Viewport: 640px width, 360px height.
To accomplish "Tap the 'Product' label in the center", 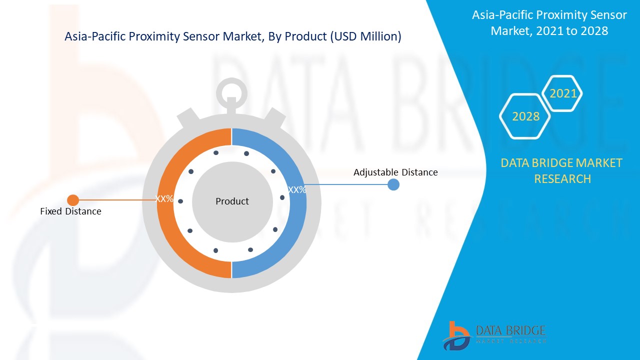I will (232, 201).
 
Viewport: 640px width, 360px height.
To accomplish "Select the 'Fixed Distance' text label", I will (70, 211).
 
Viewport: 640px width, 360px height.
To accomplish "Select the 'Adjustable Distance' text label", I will (395, 172).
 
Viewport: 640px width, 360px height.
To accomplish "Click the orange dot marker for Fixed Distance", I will (73, 200).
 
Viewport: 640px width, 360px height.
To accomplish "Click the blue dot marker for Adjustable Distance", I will (393, 184).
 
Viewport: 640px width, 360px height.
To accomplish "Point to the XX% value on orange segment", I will (164, 198).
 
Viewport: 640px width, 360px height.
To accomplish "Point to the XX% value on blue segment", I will (297, 190).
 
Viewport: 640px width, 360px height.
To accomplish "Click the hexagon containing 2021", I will (563, 93).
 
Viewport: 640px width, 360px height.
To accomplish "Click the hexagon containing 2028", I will (525, 116).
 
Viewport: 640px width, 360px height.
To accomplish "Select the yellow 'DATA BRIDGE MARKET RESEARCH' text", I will (561, 170).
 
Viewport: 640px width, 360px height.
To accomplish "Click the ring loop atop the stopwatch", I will (231, 92).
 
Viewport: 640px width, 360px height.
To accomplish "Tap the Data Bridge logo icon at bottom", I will (455, 335).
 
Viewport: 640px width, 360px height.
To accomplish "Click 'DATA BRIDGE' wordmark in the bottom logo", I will (510, 330).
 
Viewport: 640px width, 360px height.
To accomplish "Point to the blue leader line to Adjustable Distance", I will (345, 184).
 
